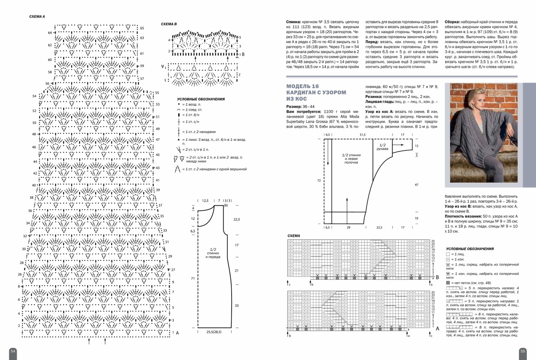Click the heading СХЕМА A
pos(37,16)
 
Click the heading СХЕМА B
pos(169,24)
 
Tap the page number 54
pos(13,351)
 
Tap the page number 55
pos(523,351)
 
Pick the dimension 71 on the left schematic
pos(193,278)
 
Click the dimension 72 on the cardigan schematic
pos(319,181)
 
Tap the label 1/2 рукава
pos(382,147)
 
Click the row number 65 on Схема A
pos(142,28)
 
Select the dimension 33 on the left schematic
pos(237,306)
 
